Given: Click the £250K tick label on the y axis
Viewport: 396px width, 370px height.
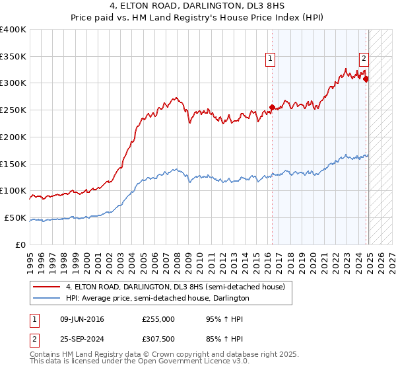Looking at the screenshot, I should pyautogui.click(x=13, y=110).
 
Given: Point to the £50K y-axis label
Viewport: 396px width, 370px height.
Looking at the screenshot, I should pyautogui.click(x=15, y=217).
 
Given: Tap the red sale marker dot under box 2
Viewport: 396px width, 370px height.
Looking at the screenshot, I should pyautogui.click(x=366, y=79).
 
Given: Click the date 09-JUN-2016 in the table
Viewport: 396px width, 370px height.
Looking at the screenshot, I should pyautogui.click(x=82, y=319).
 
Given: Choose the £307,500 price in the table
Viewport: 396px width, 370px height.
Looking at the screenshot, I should pyautogui.click(x=158, y=338).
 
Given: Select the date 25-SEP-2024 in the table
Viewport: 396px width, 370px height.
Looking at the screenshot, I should pyautogui.click(x=82, y=338).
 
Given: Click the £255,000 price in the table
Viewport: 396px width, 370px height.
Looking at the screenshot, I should pyautogui.click(x=158, y=319).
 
